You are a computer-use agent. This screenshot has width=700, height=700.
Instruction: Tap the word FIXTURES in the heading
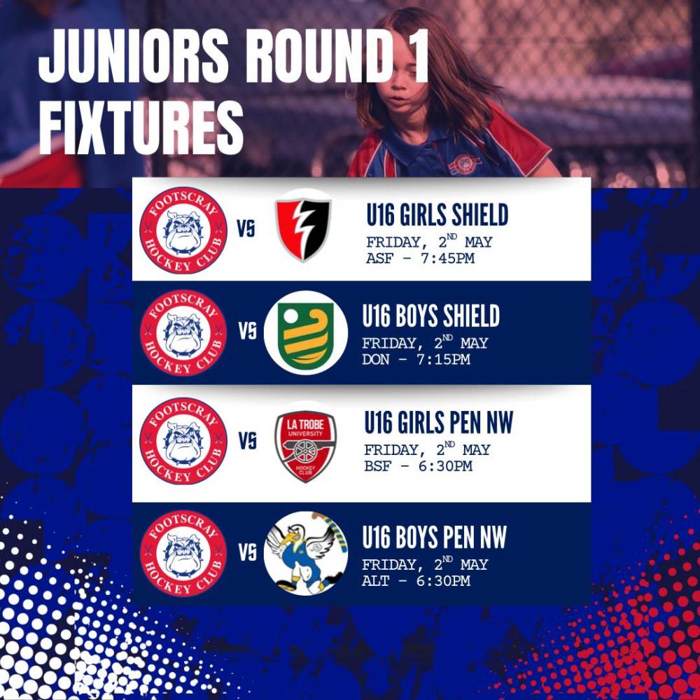coord(141,127)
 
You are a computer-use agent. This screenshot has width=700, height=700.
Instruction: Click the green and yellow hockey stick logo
coord(306,332)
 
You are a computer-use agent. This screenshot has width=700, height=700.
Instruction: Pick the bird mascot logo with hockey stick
coord(306,553)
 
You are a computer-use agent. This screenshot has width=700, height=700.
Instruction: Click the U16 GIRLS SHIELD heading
coord(437,214)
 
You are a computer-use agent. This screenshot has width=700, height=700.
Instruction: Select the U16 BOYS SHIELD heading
coord(430,316)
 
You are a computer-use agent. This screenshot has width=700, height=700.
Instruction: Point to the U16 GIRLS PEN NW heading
coord(439,422)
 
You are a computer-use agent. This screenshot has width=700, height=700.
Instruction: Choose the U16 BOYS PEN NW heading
coord(435,537)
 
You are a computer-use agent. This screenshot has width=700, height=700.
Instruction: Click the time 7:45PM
coord(447,258)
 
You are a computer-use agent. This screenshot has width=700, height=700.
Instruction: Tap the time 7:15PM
coord(443,359)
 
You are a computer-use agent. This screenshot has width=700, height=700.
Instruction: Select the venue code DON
coord(375,359)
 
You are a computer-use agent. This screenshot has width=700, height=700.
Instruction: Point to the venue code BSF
coord(378,466)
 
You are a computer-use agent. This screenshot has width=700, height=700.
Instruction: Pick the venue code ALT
coord(375,581)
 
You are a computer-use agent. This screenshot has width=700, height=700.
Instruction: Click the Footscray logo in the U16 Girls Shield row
coord(183,230)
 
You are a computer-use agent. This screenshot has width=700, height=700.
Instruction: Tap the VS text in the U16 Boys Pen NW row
coord(247,553)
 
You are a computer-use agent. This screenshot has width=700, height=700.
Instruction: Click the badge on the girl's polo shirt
coord(464,163)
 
